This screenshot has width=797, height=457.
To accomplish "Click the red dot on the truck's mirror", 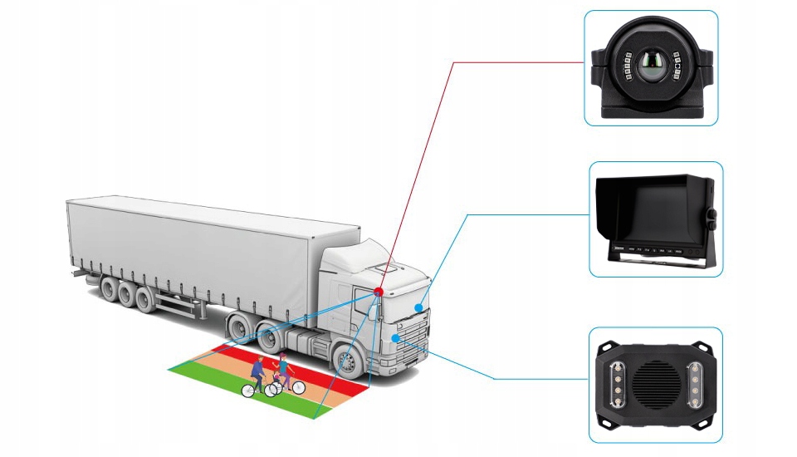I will pyautogui.click(x=379, y=292).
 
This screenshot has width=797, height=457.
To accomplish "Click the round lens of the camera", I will pyautogui.click(x=651, y=67).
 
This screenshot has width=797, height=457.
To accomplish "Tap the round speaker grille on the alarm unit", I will pyautogui.click(x=652, y=384).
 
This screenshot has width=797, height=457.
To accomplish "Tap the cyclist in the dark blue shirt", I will pyautogui.click(x=259, y=369).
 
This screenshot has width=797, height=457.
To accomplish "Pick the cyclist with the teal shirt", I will pyautogui.click(x=284, y=366).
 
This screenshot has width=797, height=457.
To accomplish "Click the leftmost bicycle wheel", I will pyautogui.click(x=248, y=390).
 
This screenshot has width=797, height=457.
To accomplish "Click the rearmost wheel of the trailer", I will pyautogui.click(x=108, y=289).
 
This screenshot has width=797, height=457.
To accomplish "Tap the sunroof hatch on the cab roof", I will pyautogui.click(x=384, y=268).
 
